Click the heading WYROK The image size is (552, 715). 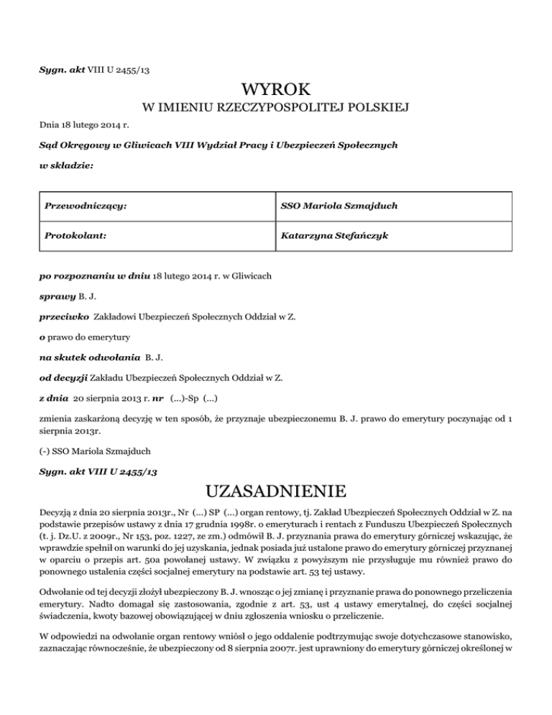pos(276,91)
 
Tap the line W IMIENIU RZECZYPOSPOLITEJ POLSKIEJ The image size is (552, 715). pos(276,109)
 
